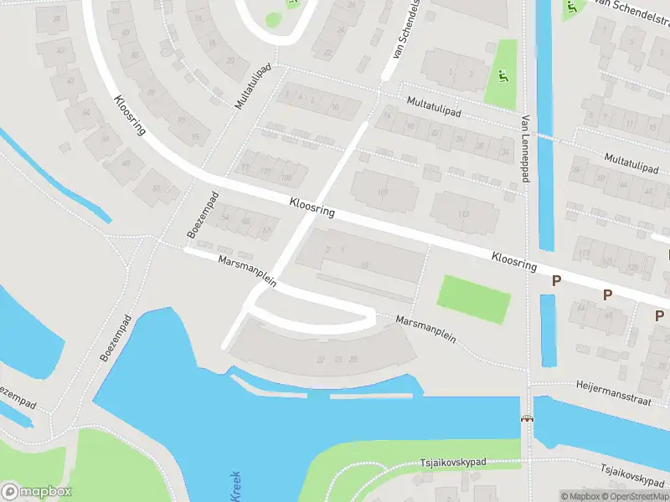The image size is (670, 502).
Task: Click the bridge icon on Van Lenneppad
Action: [x=528, y=417]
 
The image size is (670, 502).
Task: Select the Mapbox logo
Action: [x=35, y=492]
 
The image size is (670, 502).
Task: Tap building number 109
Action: [x=384, y=192]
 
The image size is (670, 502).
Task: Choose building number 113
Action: [x=464, y=214]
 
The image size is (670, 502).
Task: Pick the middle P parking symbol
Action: [x=608, y=295]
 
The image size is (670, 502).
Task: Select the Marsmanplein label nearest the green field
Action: [x=425, y=328]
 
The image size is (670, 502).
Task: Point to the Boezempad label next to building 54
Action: [x=203, y=214]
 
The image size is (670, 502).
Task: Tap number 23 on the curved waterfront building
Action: [x=338, y=359]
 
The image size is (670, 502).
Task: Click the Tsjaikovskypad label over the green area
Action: [x=464, y=462]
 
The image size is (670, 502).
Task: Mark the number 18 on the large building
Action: [x=363, y=264]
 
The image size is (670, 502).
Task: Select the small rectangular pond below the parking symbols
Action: [x=549, y=330]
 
